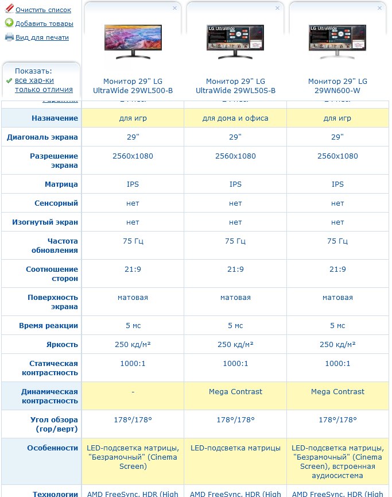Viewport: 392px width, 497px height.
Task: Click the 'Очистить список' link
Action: coord(43,10)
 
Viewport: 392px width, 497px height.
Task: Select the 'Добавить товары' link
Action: coord(44,24)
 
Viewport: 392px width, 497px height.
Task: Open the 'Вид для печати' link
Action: coord(42,37)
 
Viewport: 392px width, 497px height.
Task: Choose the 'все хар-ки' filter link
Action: coord(34,80)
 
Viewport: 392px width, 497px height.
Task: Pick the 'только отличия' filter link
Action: coord(44,89)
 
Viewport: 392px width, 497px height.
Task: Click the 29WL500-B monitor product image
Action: coord(133,41)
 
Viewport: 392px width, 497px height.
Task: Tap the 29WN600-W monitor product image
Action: coord(337,41)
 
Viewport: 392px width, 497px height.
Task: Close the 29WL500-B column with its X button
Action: coord(175,8)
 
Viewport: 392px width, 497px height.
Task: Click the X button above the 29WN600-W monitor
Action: coord(379,8)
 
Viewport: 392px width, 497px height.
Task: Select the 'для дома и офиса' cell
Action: coord(235,118)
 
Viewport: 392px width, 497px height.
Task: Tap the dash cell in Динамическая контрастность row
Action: coord(133,392)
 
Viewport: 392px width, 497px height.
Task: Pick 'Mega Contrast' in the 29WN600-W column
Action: coord(337,392)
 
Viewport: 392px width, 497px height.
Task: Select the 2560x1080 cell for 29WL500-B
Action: coord(133,156)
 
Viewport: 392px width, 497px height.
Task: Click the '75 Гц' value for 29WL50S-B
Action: coord(235,241)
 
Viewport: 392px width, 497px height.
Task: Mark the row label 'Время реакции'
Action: coord(48,326)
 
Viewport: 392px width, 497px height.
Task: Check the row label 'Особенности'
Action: coord(52,448)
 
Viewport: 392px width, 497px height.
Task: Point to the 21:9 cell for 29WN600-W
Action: coord(337,269)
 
